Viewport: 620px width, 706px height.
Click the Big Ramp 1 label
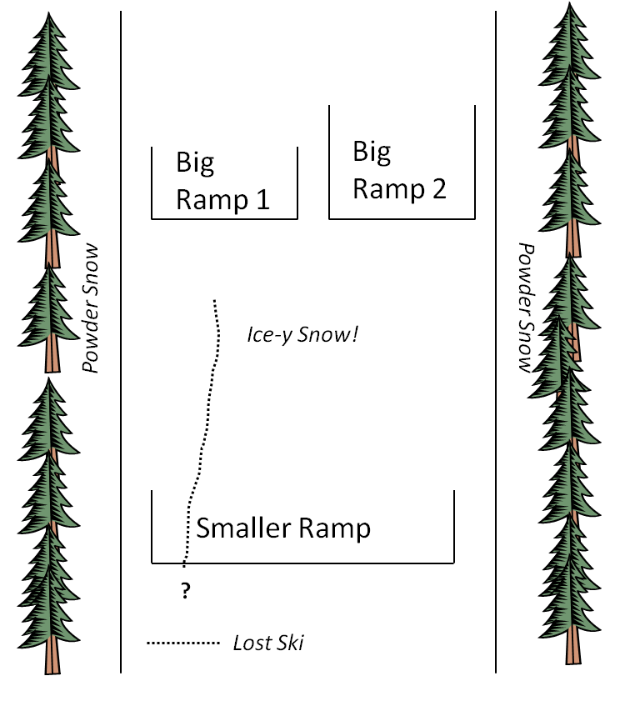(223, 181)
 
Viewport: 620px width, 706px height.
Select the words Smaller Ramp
(283, 528)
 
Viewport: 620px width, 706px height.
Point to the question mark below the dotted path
(185, 592)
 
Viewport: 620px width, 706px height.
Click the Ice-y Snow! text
(302, 335)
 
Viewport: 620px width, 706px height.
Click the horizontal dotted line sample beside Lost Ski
(182, 643)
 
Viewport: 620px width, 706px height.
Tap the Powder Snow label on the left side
(91, 308)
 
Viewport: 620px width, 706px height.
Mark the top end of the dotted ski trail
(215, 301)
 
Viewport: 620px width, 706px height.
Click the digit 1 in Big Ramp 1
(263, 200)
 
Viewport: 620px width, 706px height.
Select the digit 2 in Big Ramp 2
(438, 189)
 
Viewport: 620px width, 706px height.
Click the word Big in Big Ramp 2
(372, 152)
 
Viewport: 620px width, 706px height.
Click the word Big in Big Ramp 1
(195, 163)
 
